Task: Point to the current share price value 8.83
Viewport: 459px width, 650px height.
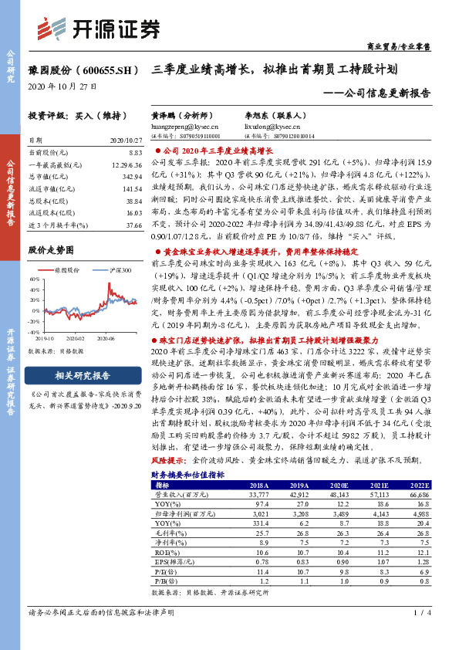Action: click(x=134, y=154)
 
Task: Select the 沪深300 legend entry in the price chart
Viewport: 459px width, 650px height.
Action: click(x=117, y=269)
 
